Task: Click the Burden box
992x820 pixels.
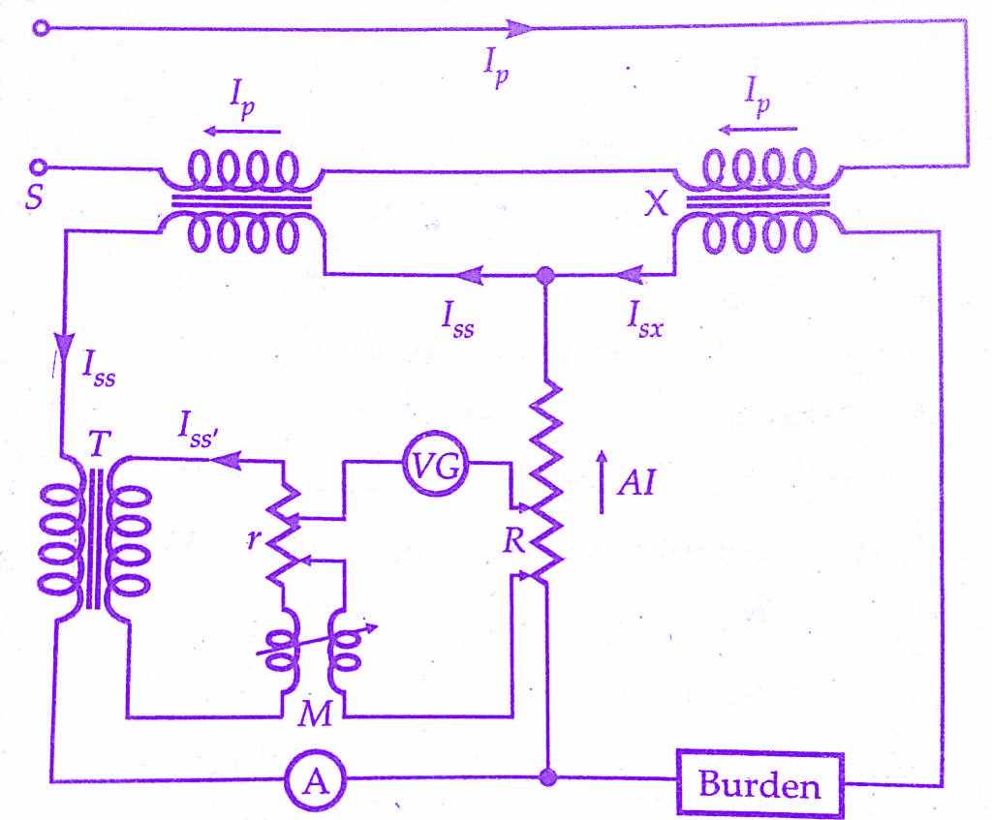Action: (759, 783)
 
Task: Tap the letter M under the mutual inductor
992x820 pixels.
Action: (316, 714)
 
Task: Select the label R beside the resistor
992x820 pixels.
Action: (513, 541)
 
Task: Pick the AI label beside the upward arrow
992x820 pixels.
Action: (636, 481)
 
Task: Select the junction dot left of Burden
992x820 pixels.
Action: (547, 777)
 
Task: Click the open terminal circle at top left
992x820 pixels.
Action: (40, 29)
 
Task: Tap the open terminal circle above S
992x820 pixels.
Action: (40, 167)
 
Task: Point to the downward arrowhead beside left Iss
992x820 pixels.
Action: (64, 346)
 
